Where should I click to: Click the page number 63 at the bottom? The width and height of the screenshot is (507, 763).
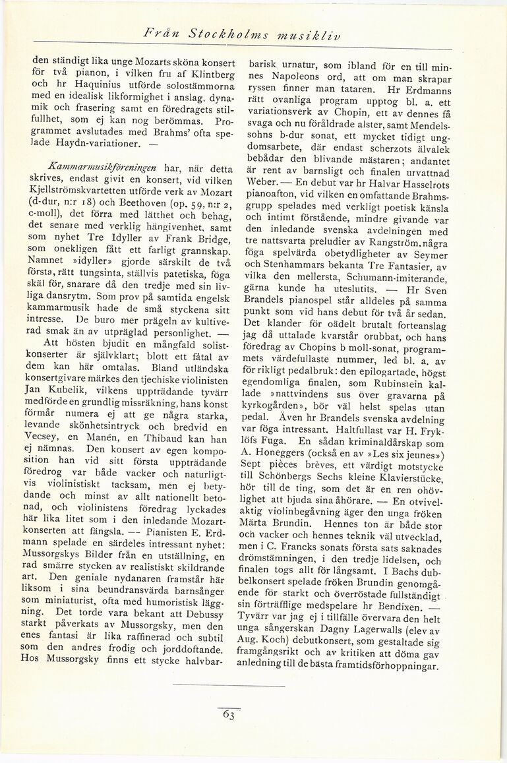(x=228, y=713)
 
